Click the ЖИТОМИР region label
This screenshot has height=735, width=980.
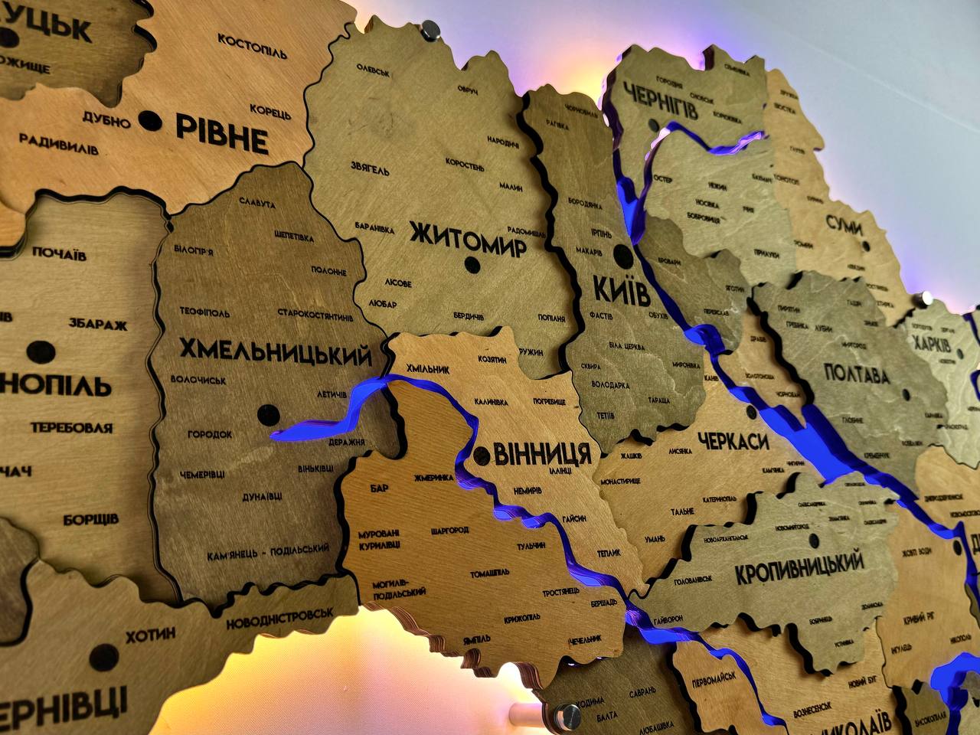tap(467, 238)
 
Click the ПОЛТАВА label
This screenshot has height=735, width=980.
tap(857, 375)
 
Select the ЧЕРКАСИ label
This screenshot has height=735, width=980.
tap(733, 441)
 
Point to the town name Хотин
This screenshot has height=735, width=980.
tap(150, 634)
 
